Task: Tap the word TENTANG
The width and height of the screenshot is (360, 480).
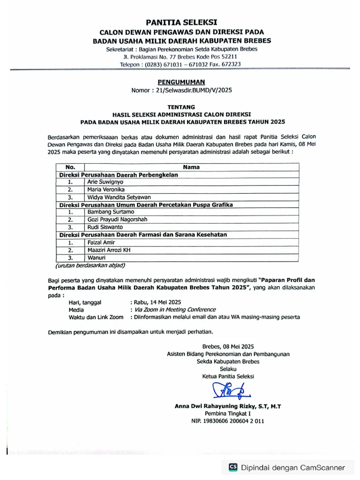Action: pos(181,107)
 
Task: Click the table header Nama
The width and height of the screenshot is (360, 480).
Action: pos(191,167)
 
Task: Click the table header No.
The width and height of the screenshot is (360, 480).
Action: pos(70,167)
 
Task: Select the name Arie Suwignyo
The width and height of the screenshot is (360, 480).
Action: pos(105,182)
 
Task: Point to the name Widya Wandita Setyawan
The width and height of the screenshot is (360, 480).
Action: pos(119,197)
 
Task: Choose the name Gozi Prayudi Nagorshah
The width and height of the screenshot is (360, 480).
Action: pos(117,220)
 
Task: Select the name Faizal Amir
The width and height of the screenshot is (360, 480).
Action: pos(101,242)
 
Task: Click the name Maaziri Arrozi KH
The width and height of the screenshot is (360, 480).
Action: pos(109,250)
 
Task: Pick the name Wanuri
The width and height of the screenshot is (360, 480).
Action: pos(96,258)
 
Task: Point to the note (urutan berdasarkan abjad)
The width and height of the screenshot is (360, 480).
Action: pos(90,265)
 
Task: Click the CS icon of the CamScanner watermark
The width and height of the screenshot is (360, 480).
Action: pos(232,467)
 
